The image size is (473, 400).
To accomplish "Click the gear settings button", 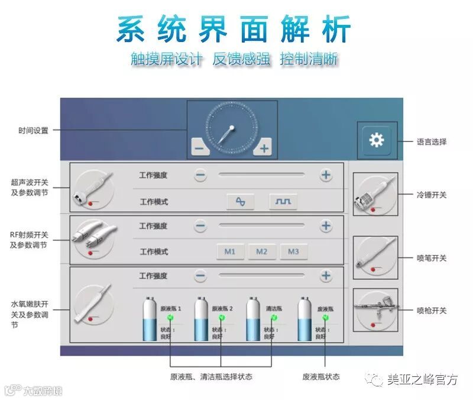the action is coord(376,140).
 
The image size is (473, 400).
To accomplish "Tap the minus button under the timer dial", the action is coord(199,148).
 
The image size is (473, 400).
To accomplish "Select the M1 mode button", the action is coord(230,251).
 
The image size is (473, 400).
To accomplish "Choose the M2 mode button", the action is coord(262,251).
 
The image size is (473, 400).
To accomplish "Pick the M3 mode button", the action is coord(293,251).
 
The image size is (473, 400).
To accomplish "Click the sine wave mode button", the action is coord(240,202).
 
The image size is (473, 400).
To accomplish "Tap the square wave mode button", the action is coord(283,202).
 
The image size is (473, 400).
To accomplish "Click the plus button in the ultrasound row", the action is coord(326,175).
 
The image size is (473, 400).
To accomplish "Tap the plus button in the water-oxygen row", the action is coord(326,276).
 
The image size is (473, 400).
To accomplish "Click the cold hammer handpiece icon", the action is coord(375,193).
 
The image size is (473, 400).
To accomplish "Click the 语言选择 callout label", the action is coord(431,142).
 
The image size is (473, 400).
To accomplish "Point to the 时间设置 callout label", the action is coord(33,130).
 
